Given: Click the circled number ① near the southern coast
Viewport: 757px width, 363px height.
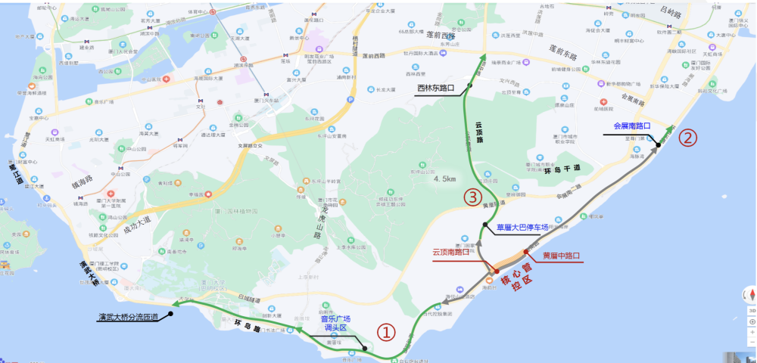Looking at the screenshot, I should pos(386,332).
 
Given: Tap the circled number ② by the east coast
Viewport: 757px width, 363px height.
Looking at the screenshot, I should pos(688,138).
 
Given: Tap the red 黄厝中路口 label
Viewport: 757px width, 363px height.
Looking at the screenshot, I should pos(561,256).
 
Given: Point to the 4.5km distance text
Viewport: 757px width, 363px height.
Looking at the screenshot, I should pos(444,179).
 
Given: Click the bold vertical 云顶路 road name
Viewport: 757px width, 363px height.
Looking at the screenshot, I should pos(478,132).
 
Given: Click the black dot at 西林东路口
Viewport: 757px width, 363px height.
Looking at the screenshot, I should pos(470,85).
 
